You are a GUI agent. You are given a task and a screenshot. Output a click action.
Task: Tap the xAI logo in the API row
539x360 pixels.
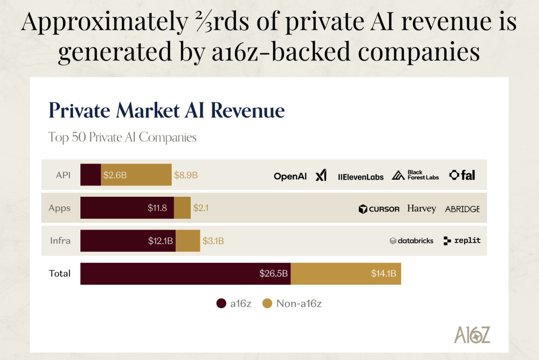321,175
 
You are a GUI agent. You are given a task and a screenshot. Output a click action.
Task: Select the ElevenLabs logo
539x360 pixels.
361,176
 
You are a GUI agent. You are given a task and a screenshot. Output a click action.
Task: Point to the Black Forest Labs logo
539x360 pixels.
415,175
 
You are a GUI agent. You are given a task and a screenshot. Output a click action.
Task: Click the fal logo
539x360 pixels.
462,175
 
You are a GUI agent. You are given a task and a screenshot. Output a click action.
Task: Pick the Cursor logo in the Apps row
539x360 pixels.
379,209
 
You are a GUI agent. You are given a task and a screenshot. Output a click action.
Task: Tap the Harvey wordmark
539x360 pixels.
421,208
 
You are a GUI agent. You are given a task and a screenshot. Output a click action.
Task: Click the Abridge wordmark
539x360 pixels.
462,209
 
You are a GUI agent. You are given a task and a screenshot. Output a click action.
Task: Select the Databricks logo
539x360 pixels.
411,241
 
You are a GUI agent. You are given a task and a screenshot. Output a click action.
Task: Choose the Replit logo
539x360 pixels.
462,240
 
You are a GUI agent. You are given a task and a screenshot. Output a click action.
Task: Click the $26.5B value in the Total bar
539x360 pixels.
273,273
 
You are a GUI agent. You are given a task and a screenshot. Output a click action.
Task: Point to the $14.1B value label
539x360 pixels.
383,273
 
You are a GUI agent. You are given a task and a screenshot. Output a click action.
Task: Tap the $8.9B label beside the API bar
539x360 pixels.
186,175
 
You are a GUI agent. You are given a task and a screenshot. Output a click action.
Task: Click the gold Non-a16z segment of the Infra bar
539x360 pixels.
188,241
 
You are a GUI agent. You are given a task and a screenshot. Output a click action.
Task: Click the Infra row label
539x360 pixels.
60,241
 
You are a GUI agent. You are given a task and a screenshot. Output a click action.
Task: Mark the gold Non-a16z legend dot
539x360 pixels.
267,303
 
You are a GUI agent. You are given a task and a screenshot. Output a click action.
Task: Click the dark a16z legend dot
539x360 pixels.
221,303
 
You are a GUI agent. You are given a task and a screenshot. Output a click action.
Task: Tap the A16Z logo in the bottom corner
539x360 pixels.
472,335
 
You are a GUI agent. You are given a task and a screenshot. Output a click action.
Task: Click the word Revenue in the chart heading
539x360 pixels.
248,110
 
